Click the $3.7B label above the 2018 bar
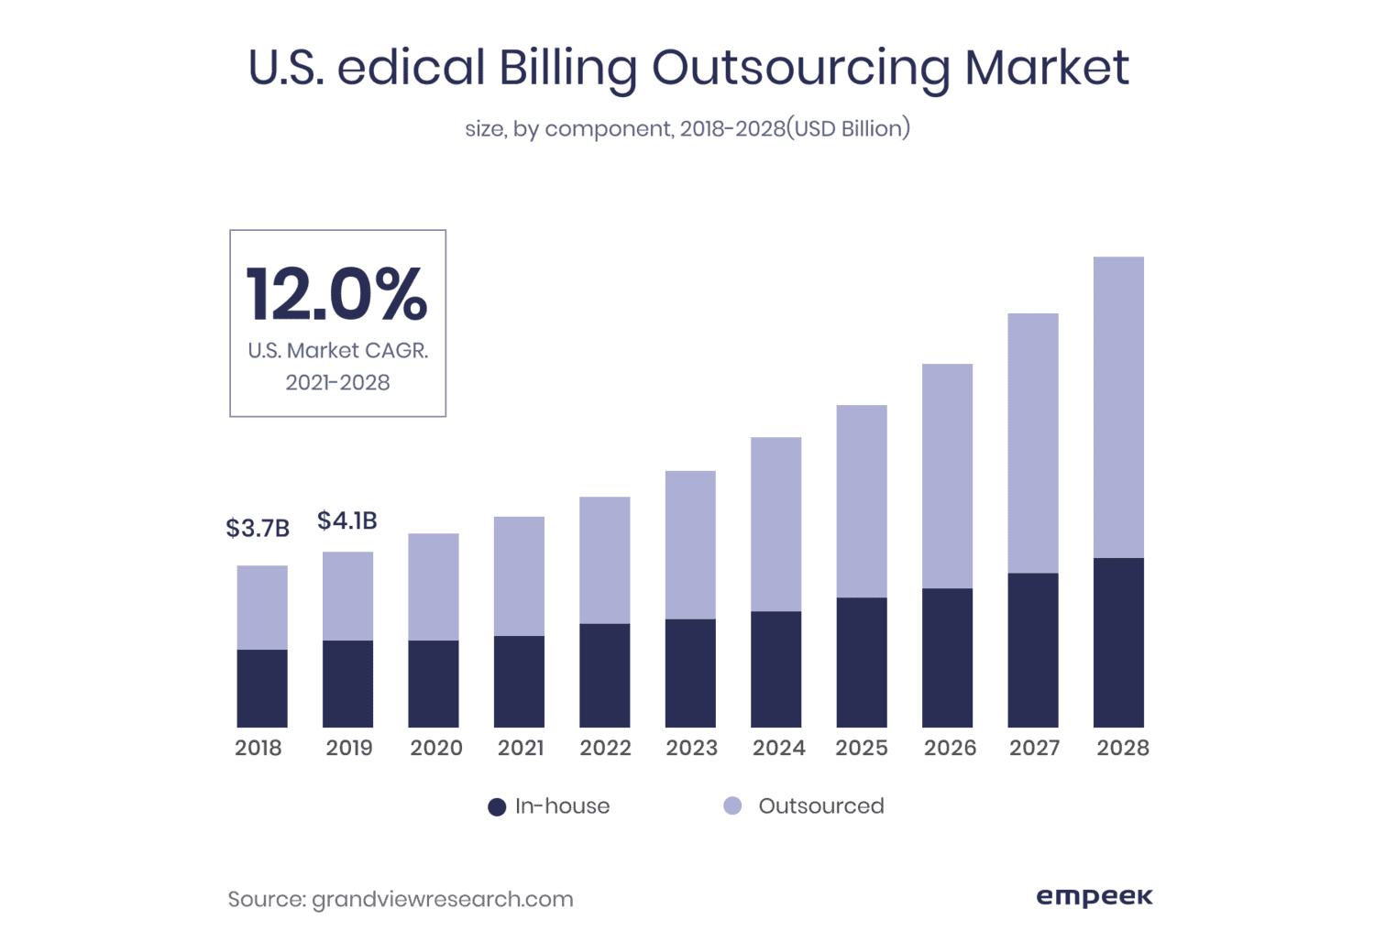[258, 529]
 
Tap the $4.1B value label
[347, 520]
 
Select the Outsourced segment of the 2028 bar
[1118, 407]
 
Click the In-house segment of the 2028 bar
[1118, 642]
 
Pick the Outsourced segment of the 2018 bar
[262, 608]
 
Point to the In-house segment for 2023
[690, 674]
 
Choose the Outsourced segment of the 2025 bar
[862, 501]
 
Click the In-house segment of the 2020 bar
[434, 684]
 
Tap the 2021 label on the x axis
[521, 748]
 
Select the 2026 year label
[950, 748]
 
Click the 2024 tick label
[778, 748]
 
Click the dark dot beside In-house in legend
[497, 807]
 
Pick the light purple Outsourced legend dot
[732, 806]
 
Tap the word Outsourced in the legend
[821, 806]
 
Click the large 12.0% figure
[336, 295]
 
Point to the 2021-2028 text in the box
[337, 383]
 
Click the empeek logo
[1094, 896]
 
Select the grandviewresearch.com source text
[443, 900]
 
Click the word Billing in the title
[567, 68]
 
